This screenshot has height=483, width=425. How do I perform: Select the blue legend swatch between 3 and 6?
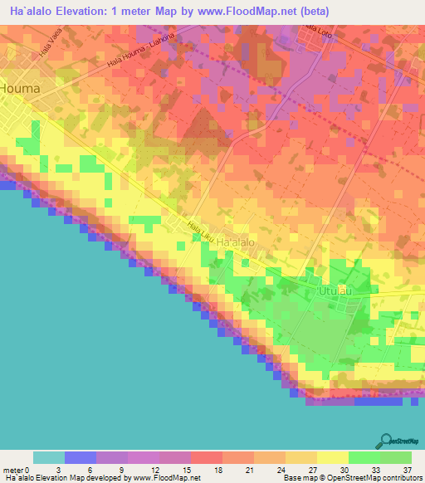(x=81, y=457)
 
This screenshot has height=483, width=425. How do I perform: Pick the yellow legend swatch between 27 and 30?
(x=333, y=457)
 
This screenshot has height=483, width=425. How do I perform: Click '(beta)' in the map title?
(x=314, y=12)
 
